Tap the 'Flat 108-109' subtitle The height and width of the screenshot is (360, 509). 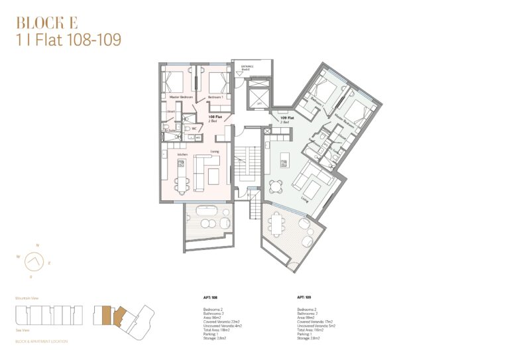(x=68, y=40)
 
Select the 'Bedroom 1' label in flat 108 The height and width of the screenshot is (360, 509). (x=215, y=97)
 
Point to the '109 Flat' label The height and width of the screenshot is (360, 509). (x=286, y=119)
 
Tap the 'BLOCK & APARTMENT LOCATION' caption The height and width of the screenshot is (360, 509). (x=41, y=341)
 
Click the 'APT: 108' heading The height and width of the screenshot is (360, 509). (x=210, y=298)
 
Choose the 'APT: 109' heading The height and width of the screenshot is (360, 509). (x=306, y=298)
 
